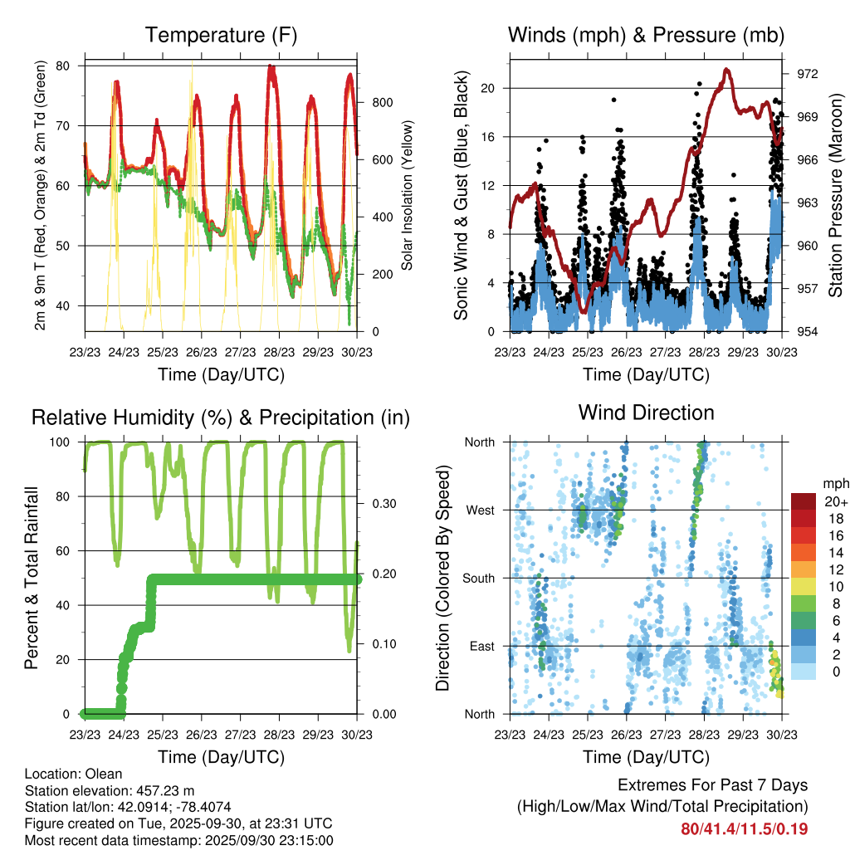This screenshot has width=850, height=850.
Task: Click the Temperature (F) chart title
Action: pos(221,35)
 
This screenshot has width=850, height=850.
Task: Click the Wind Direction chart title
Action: pos(646,412)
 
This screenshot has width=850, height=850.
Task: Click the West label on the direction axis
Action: pos(480,510)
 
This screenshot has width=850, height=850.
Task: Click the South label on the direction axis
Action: pos(478,578)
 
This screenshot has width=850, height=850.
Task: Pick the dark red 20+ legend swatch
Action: pos(803,501)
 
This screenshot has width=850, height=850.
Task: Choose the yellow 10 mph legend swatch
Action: pos(803,587)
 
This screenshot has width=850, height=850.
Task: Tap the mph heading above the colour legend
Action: pos(834,483)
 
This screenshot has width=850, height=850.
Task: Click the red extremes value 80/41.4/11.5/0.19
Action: pos(744,829)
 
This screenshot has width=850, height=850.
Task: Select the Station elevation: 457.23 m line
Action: pos(108,790)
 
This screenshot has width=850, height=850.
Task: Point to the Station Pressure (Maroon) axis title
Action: pos(836,196)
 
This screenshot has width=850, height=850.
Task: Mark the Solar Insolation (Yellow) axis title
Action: pos(408,196)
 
